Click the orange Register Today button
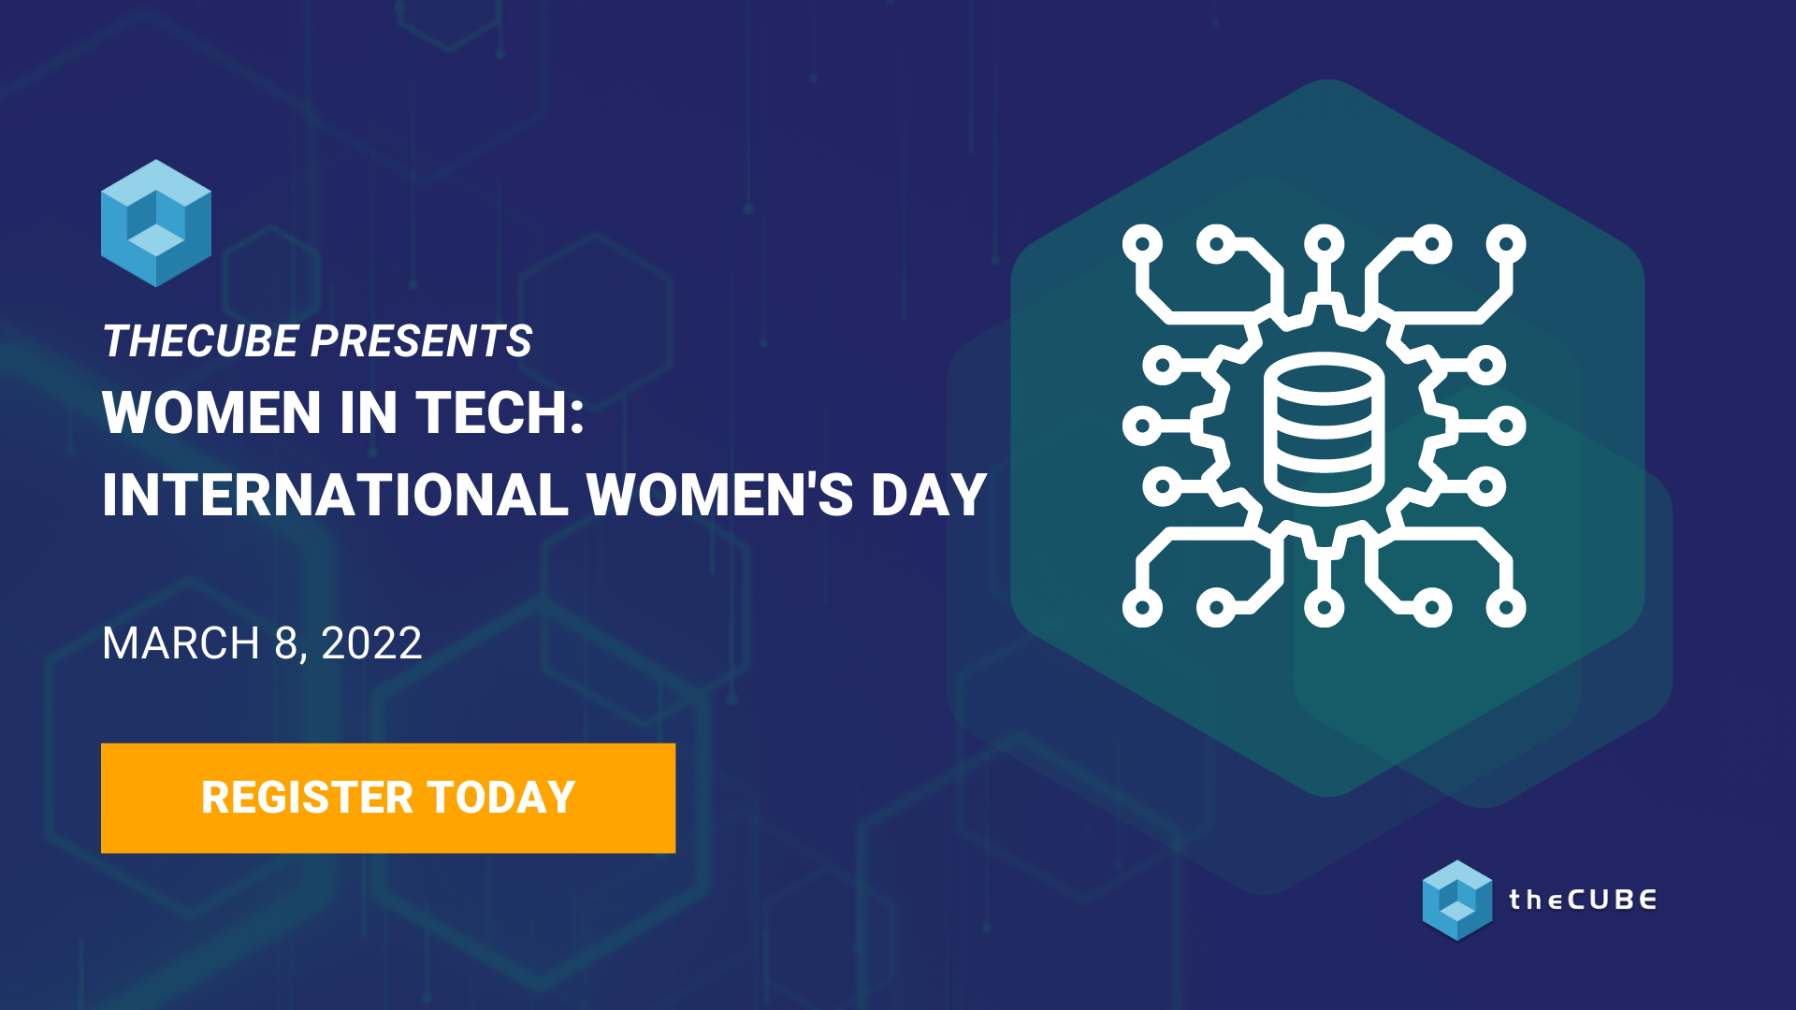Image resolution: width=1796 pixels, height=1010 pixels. pyautogui.click(x=387, y=798)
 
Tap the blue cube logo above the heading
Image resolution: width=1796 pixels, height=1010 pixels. pyautogui.click(x=156, y=223)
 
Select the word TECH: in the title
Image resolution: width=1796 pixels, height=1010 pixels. pyautogui.click(x=500, y=412)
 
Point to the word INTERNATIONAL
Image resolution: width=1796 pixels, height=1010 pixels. pyautogui.click(x=335, y=495)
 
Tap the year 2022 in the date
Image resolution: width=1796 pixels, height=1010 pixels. pyautogui.click(x=371, y=643)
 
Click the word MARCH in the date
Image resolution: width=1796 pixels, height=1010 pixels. pyautogui.click(x=181, y=643)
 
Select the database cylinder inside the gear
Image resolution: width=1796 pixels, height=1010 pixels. pyautogui.click(x=1324, y=427)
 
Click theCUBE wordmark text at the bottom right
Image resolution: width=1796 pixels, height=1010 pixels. pyautogui.click(x=1582, y=900)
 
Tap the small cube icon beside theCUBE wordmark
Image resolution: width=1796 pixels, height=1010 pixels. pyautogui.click(x=1456, y=900)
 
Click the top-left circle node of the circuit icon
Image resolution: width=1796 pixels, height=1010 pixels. pyautogui.click(x=1142, y=244)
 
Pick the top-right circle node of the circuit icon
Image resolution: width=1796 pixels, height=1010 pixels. pyautogui.click(x=1506, y=244)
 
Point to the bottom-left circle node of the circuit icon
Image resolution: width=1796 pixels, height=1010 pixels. pyautogui.click(x=1142, y=608)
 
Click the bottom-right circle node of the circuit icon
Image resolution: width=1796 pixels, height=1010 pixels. pyautogui.click(x=1506, y=608)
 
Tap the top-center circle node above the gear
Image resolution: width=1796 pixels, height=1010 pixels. pyautogui.click(x=1324, y=244)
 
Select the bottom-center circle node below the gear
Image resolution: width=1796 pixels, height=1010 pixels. pyautogui.click(x=1324, y=608)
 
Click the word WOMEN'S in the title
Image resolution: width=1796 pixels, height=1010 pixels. pyautogui.click(x=719, y=495)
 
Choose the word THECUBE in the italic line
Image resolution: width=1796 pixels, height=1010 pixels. pyautogui.click(x=200, y=341)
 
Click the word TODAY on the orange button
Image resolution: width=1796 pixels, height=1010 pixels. pyautogui.click(x=501, y=798)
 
